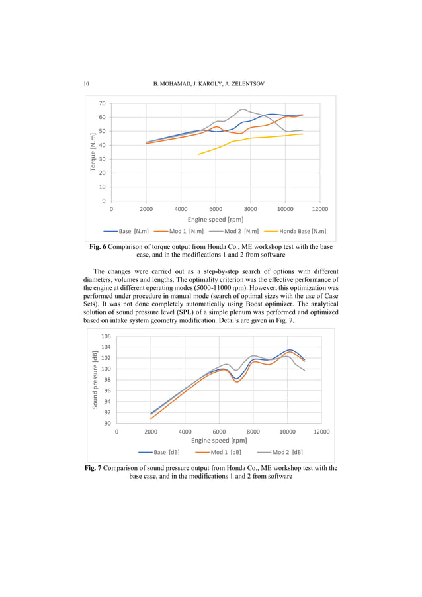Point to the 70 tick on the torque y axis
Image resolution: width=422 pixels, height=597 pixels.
click(101, 103)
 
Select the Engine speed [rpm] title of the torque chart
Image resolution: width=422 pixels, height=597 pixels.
click(215, 219)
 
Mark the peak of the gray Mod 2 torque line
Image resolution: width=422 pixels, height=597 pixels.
click(243, 109)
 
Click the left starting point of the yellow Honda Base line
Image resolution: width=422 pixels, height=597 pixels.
click(198, 154)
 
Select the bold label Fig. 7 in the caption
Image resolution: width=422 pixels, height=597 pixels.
click(96, 468)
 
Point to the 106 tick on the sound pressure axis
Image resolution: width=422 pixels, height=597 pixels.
click(106, 336)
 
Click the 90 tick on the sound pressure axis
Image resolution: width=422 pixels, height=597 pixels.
click(108, 423)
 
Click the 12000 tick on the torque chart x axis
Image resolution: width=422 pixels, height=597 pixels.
click(319, 208)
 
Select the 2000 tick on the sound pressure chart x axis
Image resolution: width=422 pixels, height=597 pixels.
click(151, 431)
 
